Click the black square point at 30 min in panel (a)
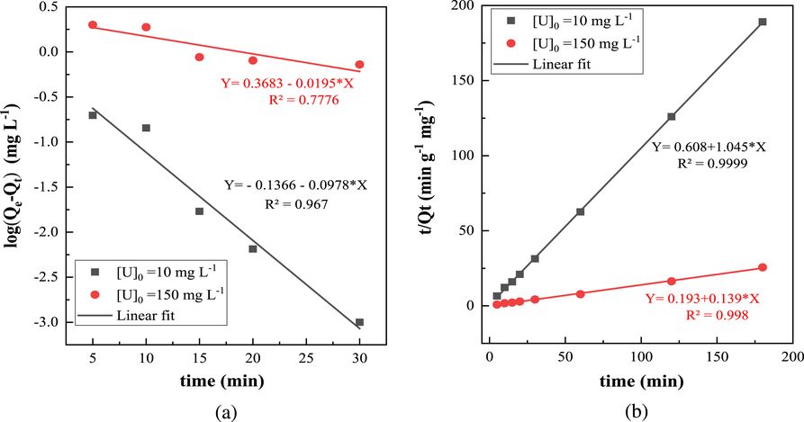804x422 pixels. pos(359,322)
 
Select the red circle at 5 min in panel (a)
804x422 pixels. pos(92,25)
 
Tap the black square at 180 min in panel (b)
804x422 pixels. pos(763,22)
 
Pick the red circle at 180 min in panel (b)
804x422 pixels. pos(763,267)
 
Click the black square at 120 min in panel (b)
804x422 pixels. pos(671,116)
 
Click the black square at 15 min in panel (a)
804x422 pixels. pos(199,211)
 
